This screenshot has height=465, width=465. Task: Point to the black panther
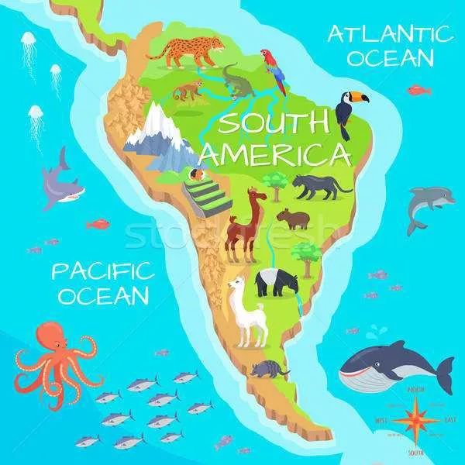click(x=319, y=186)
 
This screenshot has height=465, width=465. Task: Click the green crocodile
click(x=237, y=83)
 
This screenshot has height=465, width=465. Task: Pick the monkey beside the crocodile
click(x=187, y=91)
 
